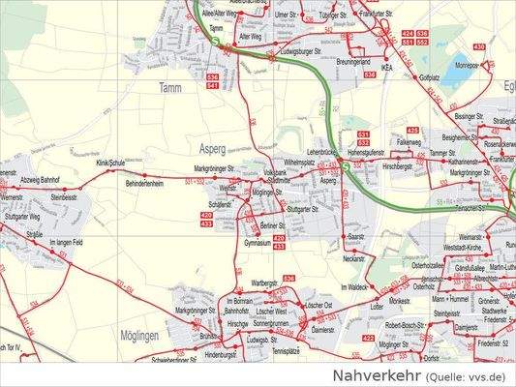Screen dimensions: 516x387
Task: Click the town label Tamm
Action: point(170,88)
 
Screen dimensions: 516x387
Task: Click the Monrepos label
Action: point(467,67)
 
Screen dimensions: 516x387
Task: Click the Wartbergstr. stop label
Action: point(265,282)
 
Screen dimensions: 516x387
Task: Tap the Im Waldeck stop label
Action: point(355,287)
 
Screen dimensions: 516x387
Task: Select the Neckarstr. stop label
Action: point(355,259)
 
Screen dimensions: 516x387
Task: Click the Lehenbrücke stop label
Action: point(321,153)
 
